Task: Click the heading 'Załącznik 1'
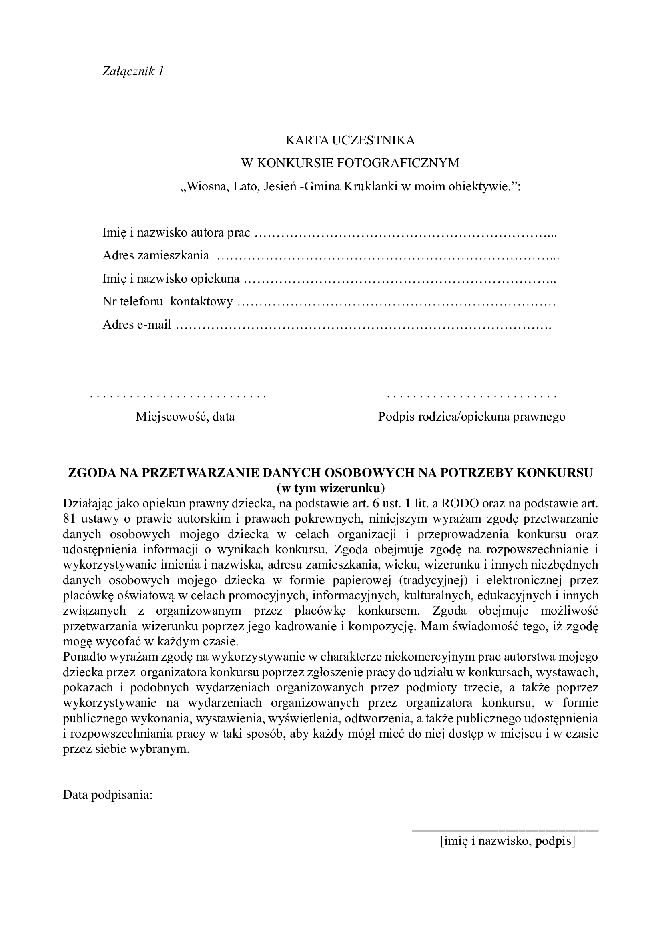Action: click(x=133, y=71)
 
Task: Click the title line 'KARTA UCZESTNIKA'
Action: click(x=350, y=140)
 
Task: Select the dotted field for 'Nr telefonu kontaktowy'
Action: click(x=395, y=302)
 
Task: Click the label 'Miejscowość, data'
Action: click(x=185, y=417)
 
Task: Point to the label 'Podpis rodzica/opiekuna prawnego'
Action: click(x=471, y=417)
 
